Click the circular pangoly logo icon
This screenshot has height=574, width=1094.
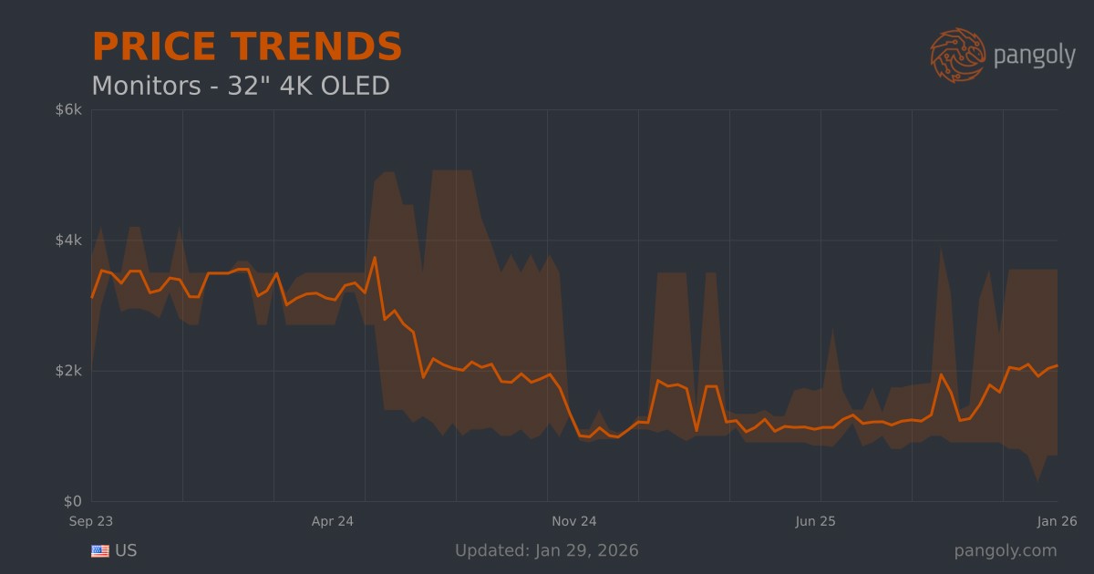pyautogui.click(x=957, y=55)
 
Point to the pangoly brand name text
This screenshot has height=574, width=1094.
pyautogui.click(x=1034, y=56)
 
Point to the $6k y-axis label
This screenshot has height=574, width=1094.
pyautogui.click(x=69, y=110)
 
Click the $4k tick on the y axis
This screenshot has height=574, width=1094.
pyautogui.click(x=69, y=241)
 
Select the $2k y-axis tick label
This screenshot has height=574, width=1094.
pyautogui.click(x=69, y=371)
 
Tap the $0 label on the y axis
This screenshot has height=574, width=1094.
pyautogui.click(x=74, y=502)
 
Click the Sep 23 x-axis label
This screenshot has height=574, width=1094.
pyautogui.click(x=91, y=522)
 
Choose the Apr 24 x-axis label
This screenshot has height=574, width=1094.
pyautogui.click(x=333, y=522)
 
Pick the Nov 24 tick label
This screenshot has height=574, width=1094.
pyautogui.click(x=574, y=522)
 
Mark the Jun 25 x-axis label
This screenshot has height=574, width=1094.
pyautogui.click(x=815, y=522)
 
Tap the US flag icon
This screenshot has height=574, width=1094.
pyautogui.click(x=100, y=551)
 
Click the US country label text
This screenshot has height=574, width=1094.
pyautogui.click(x=126, y=551)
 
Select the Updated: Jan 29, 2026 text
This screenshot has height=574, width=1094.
pyautogui.click(x=546, y=551)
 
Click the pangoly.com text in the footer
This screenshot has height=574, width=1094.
pyautogui.click(x=1006, y=551)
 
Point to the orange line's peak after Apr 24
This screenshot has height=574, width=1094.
pyautogui.click(x=375, y=258)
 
